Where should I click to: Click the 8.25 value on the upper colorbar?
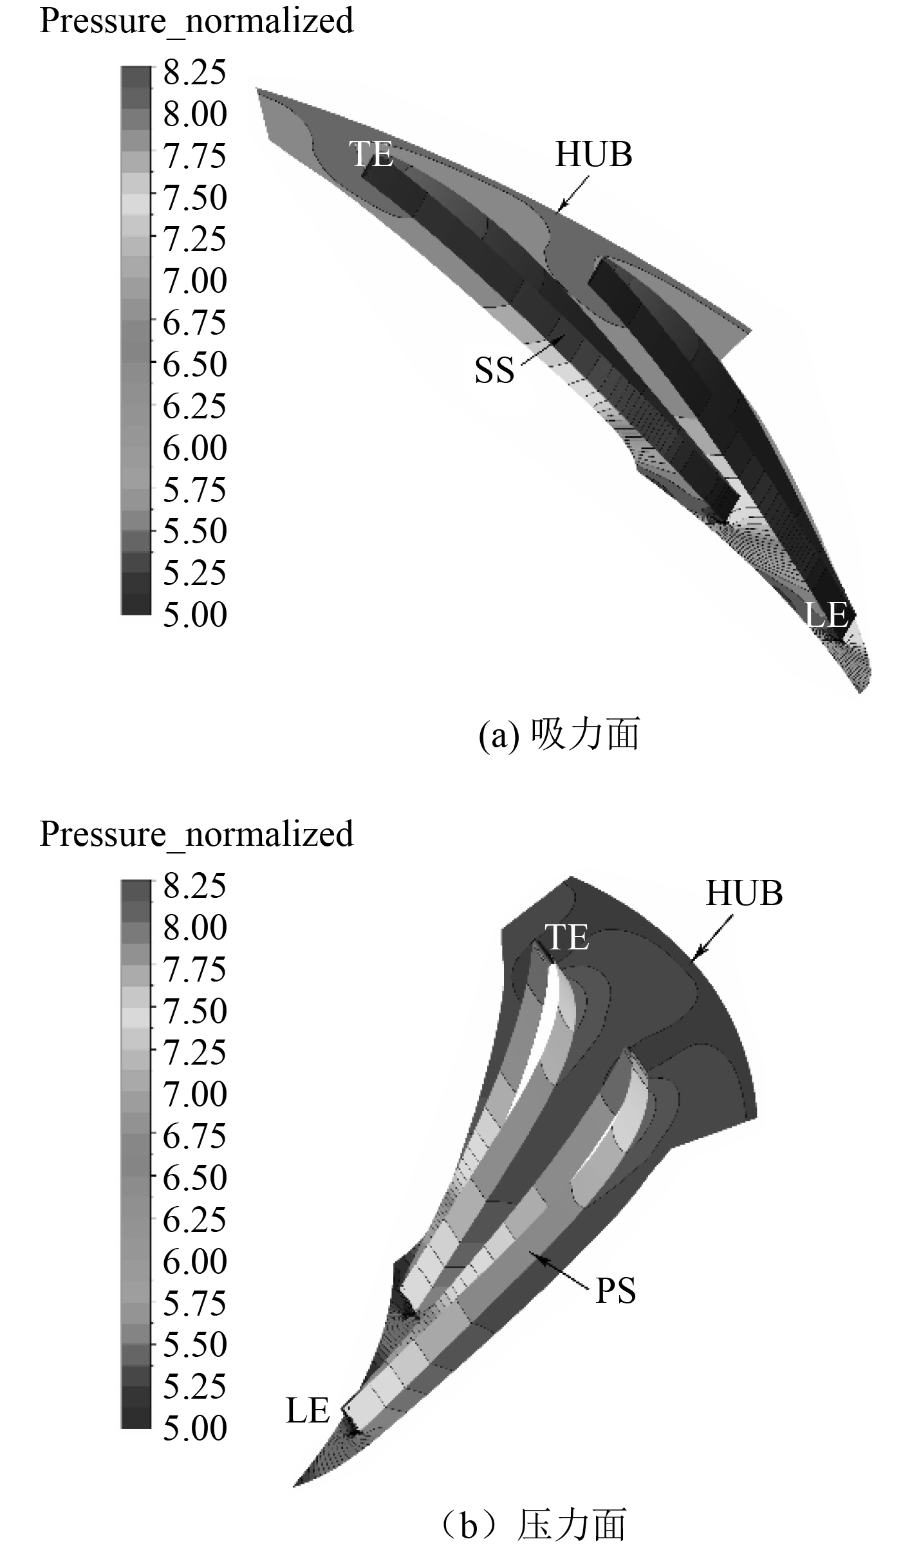point(194,72)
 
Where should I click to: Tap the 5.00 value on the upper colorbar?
point(194,615)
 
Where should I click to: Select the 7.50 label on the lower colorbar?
point(194,1011)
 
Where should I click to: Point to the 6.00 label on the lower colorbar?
point(194,1261)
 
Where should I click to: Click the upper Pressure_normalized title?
point(197,21)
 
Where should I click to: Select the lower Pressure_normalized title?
point(197,834)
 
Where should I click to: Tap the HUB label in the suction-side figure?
point(593,154)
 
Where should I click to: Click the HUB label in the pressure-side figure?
point(744,893)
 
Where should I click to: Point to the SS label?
point(494,371)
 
